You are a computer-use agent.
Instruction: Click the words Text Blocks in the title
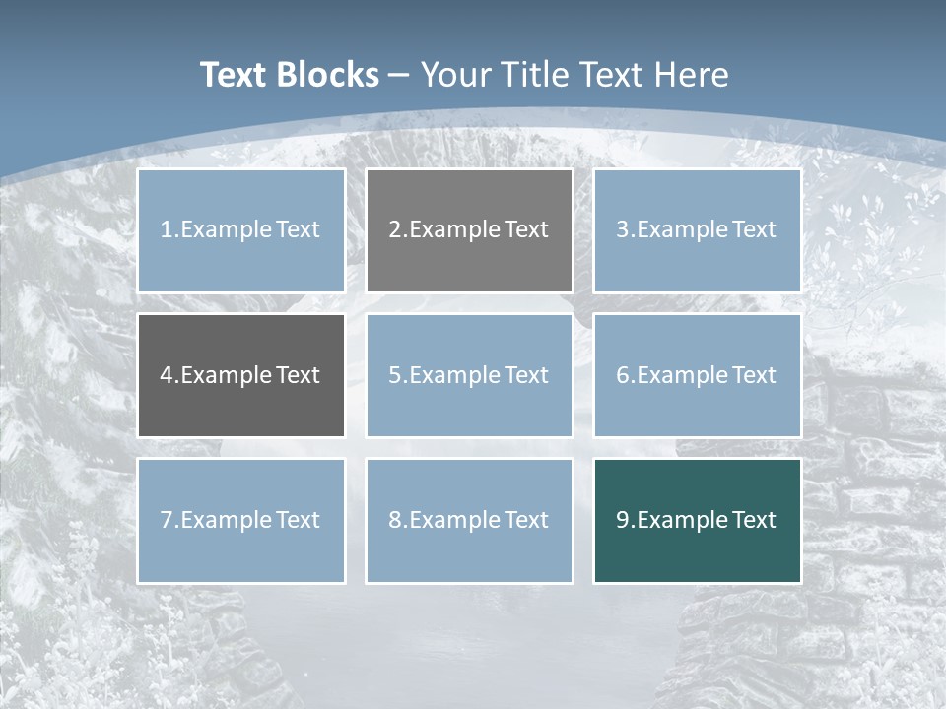tap(289, 75)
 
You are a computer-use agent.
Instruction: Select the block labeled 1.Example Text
tap(240, 230)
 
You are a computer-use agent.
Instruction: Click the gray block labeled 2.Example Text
tap(469, 230)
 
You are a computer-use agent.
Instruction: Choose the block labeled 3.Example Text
tap(697, 230)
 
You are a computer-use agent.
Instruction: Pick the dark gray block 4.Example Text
tap(240, 375)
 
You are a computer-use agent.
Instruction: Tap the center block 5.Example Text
tap(469, 375)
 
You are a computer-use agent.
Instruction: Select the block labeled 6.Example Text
tap(697, 375)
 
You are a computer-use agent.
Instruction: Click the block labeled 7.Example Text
tap(240, 520)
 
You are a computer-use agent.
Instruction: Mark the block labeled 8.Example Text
tap(469, 520)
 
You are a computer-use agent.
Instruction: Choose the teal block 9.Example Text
tap(697, 520)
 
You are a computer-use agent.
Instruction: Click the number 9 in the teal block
tap(623, 520)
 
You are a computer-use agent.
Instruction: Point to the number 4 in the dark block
tap(167, 375)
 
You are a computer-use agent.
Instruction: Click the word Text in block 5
tap(526, 375)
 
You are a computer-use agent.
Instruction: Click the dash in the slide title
tap(399, 75)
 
